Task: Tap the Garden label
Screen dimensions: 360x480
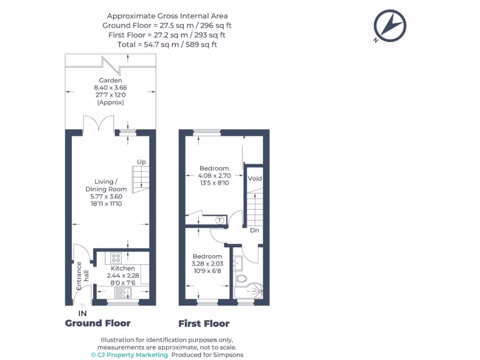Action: point(110,81)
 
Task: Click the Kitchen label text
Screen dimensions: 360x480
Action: point(123,269)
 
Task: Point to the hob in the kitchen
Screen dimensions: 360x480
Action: point(116,258)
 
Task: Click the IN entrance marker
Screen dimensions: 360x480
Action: point(82,313)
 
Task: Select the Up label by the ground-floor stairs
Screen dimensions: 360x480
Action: point(141,162)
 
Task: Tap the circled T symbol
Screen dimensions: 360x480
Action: point(219,220)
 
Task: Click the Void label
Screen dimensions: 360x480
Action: point(255,179)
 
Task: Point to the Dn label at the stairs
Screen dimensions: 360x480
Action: point(255,231)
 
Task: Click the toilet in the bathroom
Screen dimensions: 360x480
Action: point(241,279)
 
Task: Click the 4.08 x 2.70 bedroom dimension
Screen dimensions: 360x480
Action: point(214,176)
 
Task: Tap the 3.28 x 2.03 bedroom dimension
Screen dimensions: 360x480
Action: point(207,263)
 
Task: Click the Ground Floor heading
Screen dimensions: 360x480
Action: point(97,323)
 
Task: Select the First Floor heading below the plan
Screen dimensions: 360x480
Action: point(204,323)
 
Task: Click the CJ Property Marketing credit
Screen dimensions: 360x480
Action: point(129,355)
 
